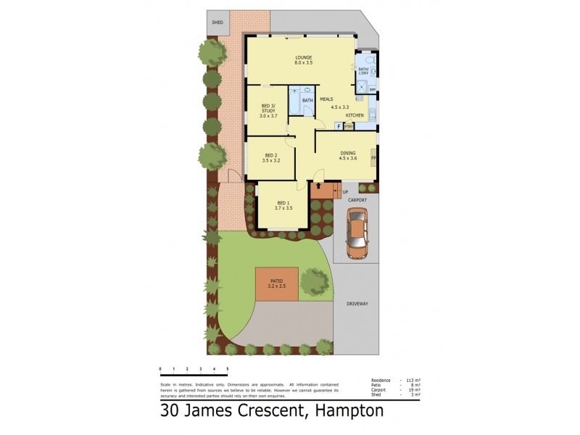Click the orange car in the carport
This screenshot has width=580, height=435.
[x=357, y=233]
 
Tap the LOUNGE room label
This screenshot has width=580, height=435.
[x=302, y=57]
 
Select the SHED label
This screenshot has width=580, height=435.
[x=217, y=23]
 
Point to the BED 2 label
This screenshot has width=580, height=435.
[x=270, y=155]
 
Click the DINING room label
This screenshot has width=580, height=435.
[x=348, y=153]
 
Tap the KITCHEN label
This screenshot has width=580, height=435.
[x=355, y=116]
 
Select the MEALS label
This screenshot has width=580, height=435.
[x=326, y=99]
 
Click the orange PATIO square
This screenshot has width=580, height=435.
[x=276, y=283]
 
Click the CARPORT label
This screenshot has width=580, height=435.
[x=357, y=199]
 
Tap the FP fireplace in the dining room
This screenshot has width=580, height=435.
[x=373, y=157]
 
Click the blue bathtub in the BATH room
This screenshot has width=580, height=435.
[x=295, y=101]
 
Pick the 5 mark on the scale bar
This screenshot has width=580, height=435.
[x=227, y=369]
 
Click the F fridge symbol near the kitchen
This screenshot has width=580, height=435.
[x=338, y=126]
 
